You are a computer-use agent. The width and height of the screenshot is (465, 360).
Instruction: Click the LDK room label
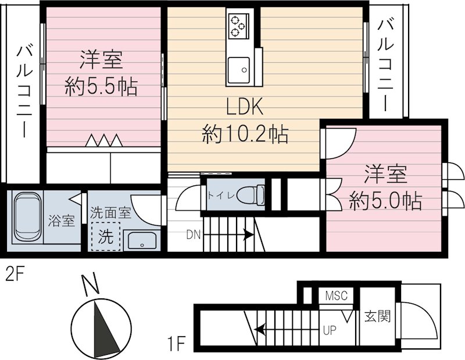click(x=245, y=108)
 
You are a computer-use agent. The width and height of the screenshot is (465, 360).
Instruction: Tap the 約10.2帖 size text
click(x=245, y=135)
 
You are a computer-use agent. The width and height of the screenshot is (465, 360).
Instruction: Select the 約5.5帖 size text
click(x=101, y=88)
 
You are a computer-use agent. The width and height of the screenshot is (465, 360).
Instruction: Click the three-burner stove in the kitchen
click(x=238, y=26)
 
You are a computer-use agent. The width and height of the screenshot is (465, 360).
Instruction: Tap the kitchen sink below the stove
click(x=238, y=69)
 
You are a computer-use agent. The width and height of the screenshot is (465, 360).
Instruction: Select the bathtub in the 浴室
click(x=27, y=216)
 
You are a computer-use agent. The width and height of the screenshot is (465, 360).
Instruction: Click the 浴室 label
click(x=61, y=221)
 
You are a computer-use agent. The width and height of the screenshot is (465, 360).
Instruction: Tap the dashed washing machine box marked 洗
click(x=105, y=237)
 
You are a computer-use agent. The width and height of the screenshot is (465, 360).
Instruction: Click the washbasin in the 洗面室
click(x=140, y=240)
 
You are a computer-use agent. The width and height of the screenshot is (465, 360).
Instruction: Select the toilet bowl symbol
click(x=252, y=194)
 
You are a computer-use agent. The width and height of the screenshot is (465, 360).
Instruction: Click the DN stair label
click(x=194, y=236)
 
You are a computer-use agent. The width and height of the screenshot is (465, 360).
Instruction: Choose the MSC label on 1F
click(x=335, y=296)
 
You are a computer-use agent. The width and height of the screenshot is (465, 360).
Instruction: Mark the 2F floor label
click(x=15, y=273)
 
